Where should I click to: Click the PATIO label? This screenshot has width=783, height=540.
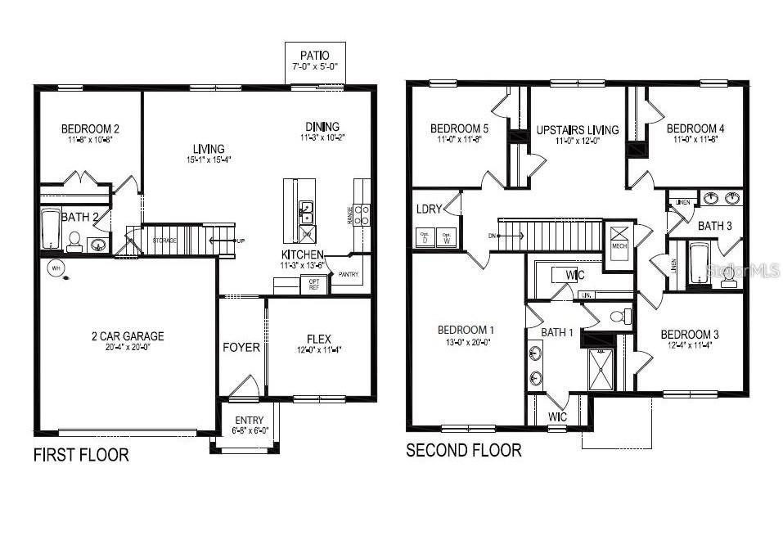click(x=314, y=56)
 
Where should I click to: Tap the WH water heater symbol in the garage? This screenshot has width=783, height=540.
click(x=56, y=268)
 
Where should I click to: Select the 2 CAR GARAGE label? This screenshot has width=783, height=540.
click(x=127, y=335)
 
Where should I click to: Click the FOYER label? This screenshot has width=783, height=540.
click(x=241, y=347)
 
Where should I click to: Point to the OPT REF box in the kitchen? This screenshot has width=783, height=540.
click(x=313, y=284)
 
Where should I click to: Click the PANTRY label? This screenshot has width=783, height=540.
click(x=349, y=275)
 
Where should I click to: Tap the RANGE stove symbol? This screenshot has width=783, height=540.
click(x=361, y=215)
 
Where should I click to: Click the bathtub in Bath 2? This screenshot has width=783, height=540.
click(x=50, y=230)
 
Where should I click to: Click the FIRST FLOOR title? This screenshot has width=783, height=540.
click(x=81, y=455)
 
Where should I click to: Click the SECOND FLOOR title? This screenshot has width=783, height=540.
click(x=464, y=450)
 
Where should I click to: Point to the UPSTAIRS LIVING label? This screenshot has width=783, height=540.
click(x=578, y=130)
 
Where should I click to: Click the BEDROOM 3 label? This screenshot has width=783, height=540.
click(x=690, y=334)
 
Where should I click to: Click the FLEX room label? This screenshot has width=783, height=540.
click(x=318, y=338)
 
